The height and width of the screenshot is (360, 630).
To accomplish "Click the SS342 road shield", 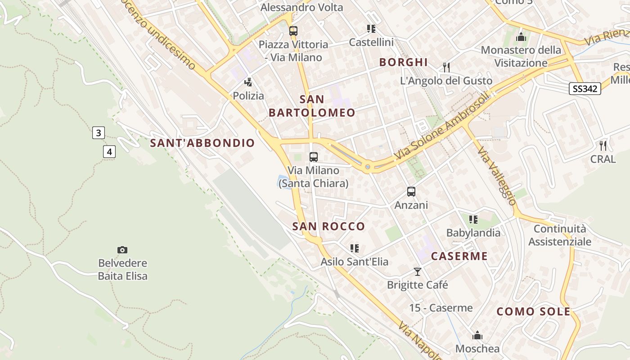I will point(585,89).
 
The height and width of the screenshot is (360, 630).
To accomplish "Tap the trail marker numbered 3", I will point(99,133).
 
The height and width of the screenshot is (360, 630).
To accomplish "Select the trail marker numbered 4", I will point(109,152).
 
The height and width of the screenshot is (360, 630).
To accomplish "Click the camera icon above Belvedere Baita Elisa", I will point(122,250).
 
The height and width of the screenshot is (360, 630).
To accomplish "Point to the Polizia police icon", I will point(248,82).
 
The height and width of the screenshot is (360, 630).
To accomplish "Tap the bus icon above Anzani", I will point(411,192).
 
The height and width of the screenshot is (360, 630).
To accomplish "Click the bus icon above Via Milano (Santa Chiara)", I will point(314,157).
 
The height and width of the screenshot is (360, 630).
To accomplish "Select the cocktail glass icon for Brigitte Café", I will point(418,272).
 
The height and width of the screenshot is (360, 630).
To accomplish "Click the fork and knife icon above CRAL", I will point(603,146).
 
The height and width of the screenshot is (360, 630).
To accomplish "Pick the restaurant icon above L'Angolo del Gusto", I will point(446,67).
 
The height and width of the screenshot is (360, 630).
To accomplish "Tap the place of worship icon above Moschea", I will point(477,336).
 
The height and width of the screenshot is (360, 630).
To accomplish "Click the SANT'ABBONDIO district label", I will point(202,143).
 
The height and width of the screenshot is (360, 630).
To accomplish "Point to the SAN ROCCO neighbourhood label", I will point(328,226).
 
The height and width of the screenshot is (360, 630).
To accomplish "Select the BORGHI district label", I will point(403,62).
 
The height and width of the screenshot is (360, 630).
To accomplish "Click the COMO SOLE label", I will point(533,311).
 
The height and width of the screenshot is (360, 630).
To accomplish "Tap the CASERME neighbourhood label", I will point(459,256).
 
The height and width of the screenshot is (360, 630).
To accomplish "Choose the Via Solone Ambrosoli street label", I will point(441,127).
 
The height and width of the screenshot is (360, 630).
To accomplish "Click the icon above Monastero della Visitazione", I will point(521,37).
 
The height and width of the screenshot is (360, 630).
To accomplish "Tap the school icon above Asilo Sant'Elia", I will point(355,248).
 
